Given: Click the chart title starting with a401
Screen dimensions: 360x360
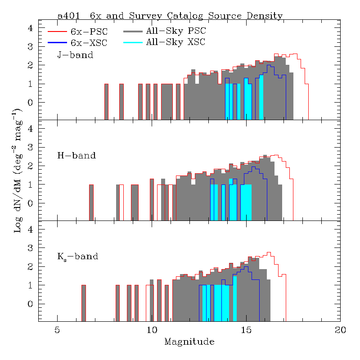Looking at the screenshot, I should point(170,16).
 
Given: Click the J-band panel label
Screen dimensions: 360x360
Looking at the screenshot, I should point(75,55).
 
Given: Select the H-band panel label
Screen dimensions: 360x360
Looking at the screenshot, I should point(76,156).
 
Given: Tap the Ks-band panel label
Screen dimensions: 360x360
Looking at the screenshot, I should point(78,257).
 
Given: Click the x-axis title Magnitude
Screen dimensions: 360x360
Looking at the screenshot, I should point(189,342).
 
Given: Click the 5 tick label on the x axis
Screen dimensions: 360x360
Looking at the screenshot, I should point(57,330).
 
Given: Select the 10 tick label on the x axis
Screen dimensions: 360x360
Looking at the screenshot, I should point(152,330).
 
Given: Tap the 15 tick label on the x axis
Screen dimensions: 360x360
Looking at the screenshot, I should point(246,330).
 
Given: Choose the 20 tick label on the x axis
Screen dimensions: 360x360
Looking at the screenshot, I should point(341,330).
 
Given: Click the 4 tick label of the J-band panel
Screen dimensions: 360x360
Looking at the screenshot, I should point(31,28).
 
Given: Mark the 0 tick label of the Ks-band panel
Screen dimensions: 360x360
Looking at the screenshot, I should point(31,304).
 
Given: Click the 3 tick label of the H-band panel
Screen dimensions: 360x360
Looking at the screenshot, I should point(31,148).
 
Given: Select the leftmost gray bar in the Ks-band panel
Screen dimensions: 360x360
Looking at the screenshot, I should point(83,303).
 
